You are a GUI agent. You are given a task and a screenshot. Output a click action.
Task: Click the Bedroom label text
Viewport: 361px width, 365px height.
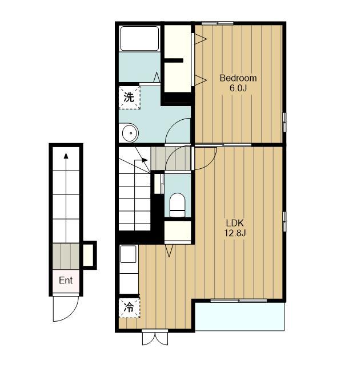[238, 78]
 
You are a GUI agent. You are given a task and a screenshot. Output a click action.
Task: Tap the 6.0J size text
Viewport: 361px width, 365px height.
[238, 88]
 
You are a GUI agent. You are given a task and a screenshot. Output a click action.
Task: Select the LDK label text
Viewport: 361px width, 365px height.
[235, 223]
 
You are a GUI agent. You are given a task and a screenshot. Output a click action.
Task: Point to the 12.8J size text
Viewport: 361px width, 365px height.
[235, 233]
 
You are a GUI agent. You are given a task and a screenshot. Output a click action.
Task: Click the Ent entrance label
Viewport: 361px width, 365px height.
[66, 280]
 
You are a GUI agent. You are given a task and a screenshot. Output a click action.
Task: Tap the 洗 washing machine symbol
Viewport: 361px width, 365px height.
[130, 98]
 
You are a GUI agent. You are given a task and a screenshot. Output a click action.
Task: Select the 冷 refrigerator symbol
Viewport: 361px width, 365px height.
[130, 308]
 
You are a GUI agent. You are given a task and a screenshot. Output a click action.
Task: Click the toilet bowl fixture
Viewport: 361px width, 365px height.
[177, 205]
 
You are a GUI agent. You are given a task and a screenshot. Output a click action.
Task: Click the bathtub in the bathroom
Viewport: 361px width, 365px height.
[139, 38]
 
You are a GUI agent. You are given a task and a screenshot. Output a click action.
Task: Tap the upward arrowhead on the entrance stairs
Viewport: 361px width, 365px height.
[66, 156]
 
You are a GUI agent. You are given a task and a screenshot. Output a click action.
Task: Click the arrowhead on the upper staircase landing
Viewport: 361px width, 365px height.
[145, 160]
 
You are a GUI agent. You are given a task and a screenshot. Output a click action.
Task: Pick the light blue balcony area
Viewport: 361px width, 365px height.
[239, 316]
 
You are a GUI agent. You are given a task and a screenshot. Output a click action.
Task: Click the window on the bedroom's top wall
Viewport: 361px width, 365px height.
[218, 23]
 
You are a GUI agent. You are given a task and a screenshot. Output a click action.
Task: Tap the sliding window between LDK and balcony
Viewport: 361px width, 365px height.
[239, 301]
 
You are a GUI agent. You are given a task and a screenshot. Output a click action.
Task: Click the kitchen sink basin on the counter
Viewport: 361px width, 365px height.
[129, 254]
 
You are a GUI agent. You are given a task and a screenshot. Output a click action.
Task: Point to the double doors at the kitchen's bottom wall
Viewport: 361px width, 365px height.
[155, 337]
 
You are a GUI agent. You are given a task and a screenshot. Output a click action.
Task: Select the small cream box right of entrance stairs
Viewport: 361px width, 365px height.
[89, 255]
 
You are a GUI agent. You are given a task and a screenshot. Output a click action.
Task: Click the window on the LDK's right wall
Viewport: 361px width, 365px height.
[284, 222]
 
